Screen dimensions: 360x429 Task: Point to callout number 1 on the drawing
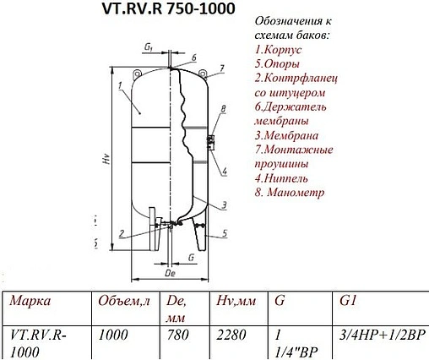pos(122,85)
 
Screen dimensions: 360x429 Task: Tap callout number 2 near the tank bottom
pos(122,233)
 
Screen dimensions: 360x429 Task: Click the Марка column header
pos(32,302)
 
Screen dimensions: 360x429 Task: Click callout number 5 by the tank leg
pos(224,233)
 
